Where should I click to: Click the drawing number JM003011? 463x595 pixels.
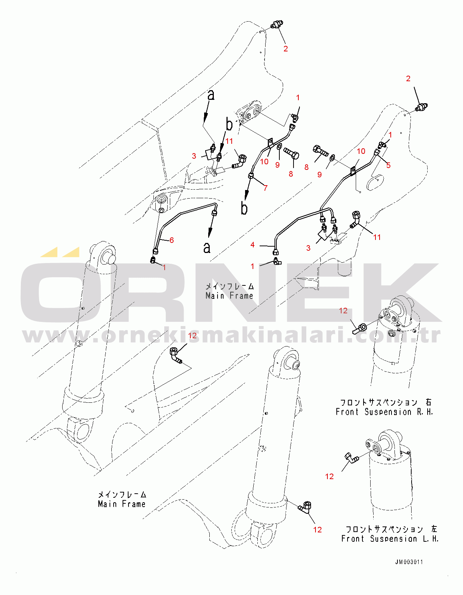[x=409, y=562]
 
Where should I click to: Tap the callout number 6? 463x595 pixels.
[x=172, y=240]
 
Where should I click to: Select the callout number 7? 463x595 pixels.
[x=266, y=188]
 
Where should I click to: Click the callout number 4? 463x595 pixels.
[x=253, y=244]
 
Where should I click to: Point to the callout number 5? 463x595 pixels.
[x=388, y=165]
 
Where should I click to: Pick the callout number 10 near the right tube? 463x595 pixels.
[x=361, y=151]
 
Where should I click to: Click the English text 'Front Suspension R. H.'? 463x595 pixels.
[x=384, y=412]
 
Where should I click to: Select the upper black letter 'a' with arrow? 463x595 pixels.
[x=211, y=95]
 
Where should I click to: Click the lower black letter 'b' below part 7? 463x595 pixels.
[x=244, y=208]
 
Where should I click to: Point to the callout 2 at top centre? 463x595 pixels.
[x=286, y=48]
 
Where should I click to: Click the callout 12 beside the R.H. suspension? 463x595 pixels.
[x=343, y=310]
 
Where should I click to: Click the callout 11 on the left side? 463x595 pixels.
[x=229, y=141]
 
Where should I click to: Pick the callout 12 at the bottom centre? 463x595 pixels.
[x=317, y=529]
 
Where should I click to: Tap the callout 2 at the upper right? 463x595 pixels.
[x=408, y=79]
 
